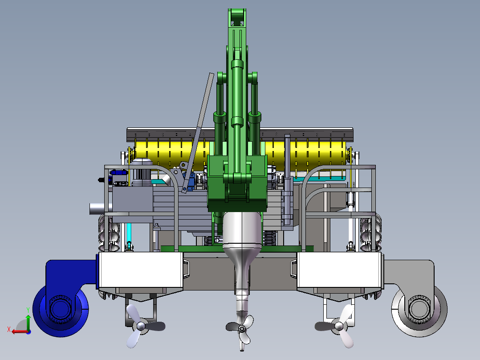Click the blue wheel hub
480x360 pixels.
(60, 309)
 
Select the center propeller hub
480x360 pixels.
(242, 329)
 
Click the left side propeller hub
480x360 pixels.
(141, 326)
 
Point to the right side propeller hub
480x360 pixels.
(339, 326)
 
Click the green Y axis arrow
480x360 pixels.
(28, 322)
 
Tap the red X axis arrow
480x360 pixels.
(19, 331)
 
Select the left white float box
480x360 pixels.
(141, 270)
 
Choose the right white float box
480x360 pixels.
(339, 270)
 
